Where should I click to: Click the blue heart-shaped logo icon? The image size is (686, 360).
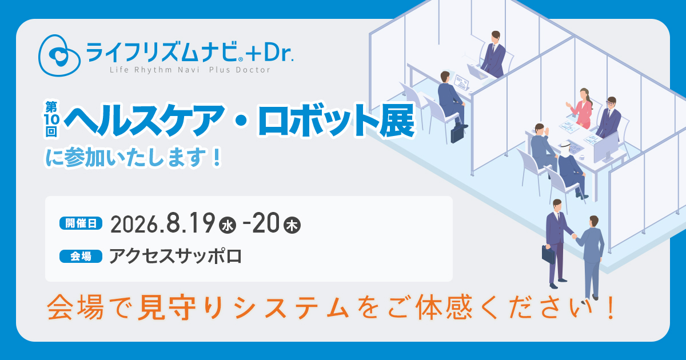(59, 55)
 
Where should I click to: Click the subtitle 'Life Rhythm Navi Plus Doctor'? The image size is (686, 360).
(190, 70)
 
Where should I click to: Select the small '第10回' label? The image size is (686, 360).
(51, 119)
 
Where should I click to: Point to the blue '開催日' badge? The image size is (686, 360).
(81, 223)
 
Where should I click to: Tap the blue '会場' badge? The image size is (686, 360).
(81, 256)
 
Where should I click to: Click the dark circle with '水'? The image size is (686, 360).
(228, 226)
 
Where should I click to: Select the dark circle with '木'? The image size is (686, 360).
(292, 226)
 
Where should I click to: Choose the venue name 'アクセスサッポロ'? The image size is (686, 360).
(176, 256)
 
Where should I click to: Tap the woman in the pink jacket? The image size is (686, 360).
(580, 109)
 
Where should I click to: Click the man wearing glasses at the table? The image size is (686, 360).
(609, 118)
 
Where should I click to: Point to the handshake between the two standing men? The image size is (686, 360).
(574, 236)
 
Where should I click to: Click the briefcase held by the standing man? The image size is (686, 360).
(548, 255)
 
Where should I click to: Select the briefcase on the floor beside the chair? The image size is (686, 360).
(457, 134)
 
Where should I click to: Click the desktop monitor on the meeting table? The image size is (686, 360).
(606, 148)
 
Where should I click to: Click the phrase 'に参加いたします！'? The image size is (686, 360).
(134, 157)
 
